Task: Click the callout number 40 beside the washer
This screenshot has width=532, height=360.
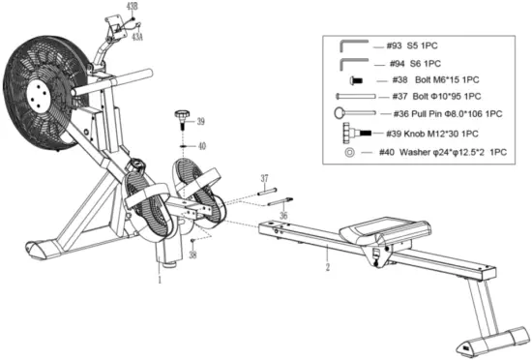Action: point(202,146)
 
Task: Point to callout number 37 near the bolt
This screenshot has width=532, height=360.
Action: point(262,178)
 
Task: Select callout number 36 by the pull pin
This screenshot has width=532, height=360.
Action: point(282,216)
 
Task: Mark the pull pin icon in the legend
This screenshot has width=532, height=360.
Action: point(352,113)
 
